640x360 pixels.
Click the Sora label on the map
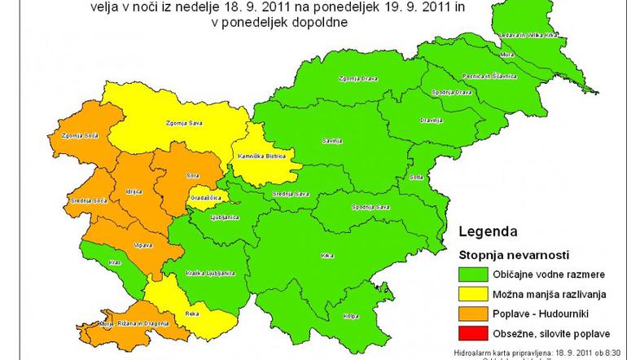(x=192, y=176)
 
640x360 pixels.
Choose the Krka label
(x=327, y=256)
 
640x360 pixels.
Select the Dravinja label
(x=431, y=121)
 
